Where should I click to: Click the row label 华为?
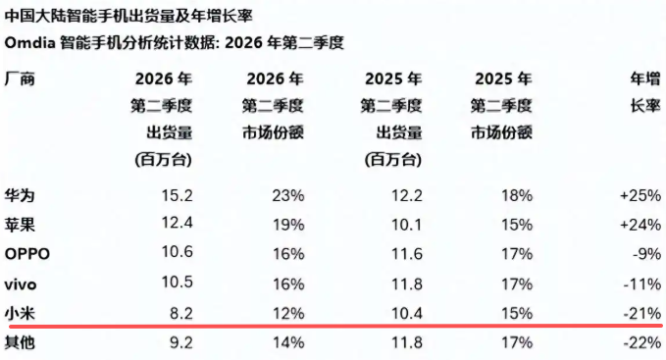click(20, 196)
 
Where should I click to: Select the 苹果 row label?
click(20, 225)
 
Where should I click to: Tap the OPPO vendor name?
click(27, 254)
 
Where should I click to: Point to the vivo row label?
click(21, 284)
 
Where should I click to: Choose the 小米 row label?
click(20, 313)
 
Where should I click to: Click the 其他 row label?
click(20, 342)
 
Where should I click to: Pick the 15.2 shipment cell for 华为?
click(178, 195)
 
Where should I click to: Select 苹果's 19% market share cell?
click(288, 225)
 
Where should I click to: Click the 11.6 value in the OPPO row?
click(407, 254)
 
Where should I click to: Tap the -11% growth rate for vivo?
click(642, 284)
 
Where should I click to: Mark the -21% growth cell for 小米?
click(642, 313)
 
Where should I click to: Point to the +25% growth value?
click(640, 195)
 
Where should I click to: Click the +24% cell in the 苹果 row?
click(640, 225)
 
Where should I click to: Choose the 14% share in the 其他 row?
click(288, 342)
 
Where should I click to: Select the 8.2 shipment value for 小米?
click(181, 313)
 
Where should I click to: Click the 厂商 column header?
click(20, 78)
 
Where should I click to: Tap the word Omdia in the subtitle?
click(30, 43)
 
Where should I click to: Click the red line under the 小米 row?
click(335, 326)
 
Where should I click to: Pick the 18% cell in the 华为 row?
click(517, 195)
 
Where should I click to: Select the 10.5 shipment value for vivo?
click(178, 282)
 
